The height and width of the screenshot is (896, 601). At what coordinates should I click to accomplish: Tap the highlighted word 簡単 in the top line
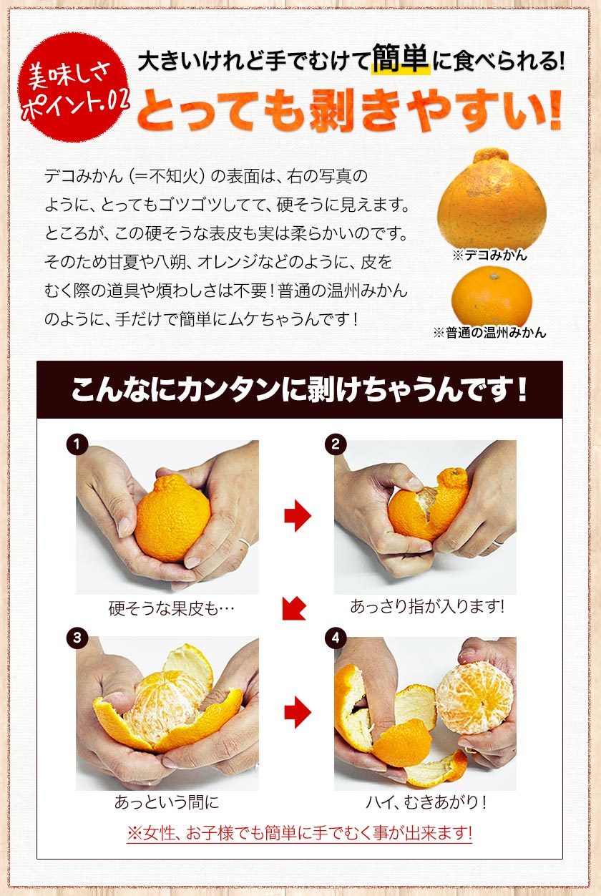401,61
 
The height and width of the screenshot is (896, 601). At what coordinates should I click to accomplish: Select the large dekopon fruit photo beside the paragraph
492,200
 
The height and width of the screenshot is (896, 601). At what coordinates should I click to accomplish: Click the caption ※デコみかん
492,255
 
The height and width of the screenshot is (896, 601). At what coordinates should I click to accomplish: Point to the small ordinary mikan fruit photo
492,295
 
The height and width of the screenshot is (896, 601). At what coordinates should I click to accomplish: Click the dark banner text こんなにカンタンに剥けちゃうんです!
299,391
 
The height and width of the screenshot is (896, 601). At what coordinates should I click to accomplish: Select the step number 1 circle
77,444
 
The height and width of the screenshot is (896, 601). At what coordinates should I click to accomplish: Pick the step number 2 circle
334,444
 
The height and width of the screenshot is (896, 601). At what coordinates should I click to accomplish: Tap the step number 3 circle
77,636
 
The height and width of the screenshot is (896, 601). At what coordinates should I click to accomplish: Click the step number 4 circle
334,636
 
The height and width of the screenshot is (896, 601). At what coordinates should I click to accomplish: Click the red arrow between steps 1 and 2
297,516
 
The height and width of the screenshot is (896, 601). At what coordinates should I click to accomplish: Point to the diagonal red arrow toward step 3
294,608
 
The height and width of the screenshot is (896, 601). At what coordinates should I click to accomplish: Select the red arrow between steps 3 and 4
297,712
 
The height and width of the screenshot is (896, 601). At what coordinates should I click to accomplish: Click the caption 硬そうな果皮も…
172,608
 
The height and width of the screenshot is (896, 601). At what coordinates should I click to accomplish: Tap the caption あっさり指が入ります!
427,607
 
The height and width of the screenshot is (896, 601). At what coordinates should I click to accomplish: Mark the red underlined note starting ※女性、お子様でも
299,834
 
